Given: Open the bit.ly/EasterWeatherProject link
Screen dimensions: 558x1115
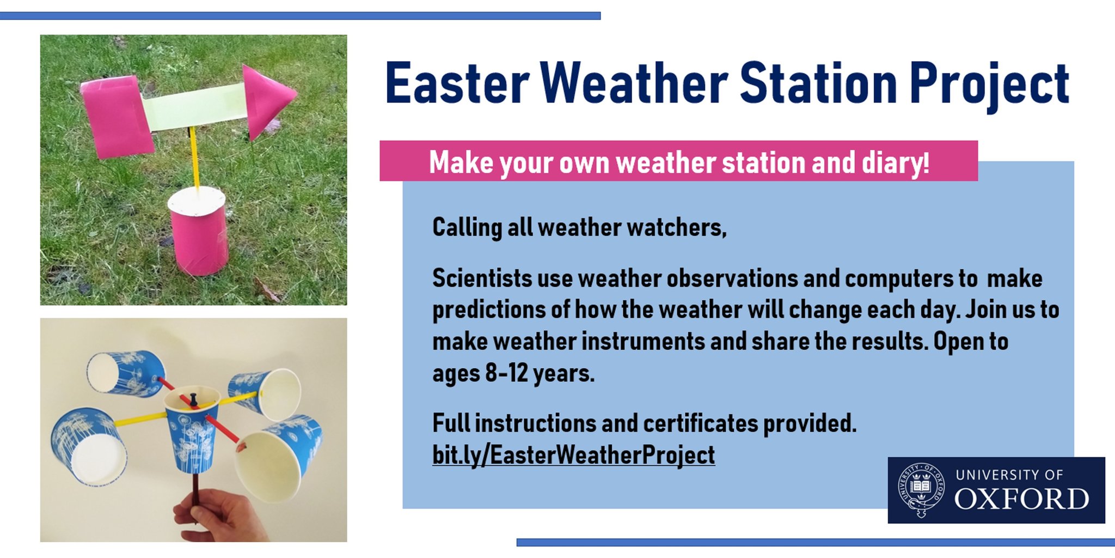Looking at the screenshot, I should coord(573,455).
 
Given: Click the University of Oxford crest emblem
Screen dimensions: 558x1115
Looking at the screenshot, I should coord(921,489).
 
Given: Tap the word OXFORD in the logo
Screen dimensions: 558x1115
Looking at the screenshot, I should coord(1021,499).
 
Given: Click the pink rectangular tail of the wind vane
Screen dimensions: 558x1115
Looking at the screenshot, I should coord(117,117).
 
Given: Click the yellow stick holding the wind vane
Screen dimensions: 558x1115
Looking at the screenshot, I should coord(194,158).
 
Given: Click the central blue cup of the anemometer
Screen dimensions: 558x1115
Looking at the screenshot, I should coord(192,436).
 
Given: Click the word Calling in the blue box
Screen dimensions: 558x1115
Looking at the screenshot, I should coord(467,227).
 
